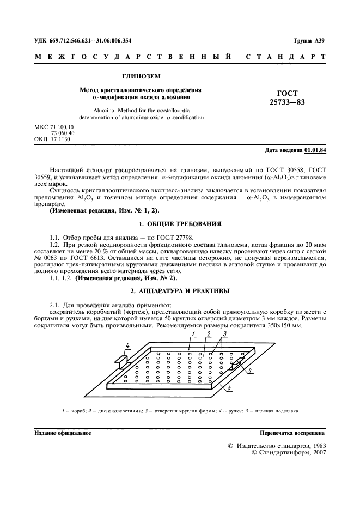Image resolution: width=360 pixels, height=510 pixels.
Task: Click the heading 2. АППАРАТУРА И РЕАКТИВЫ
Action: tap(180, 290)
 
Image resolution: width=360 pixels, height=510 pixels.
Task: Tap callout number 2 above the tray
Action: tap(209, 333)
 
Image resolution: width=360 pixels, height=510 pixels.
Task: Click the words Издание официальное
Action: tap(62, 433)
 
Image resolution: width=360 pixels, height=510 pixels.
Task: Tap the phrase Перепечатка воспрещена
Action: tap(292, 433)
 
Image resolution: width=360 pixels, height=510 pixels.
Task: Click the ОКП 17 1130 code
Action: tap(52, 139)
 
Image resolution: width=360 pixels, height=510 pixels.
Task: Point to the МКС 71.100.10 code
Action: tap(54, 127)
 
